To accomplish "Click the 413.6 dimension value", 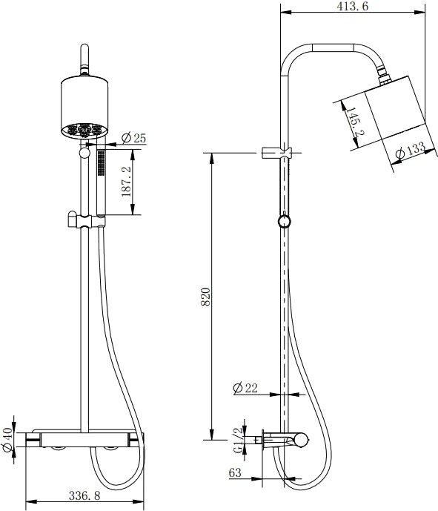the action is (353, 6).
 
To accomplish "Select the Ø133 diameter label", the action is (411, 151).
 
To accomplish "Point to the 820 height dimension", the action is (205, 297).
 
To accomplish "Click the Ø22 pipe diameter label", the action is (245, 388).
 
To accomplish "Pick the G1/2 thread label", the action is (239, 441).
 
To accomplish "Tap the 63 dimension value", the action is (235, 473).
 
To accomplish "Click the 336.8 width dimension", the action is (84, 495).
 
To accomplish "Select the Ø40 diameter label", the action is (7, 439).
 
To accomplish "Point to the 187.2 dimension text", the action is (126, 182).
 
